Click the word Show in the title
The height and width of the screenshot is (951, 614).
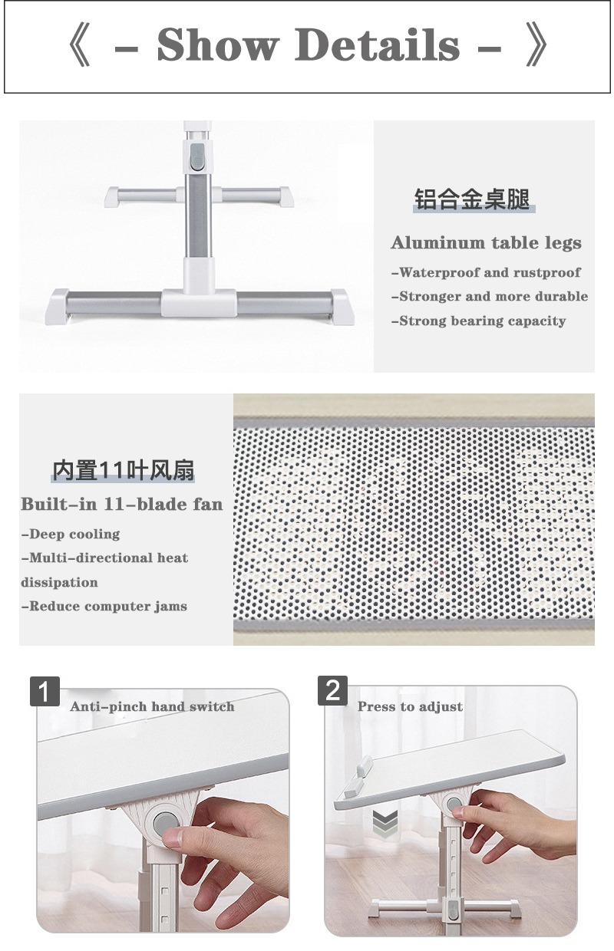(217, 44)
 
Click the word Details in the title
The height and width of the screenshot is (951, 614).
(378, 44)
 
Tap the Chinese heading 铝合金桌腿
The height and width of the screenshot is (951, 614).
(472, 199)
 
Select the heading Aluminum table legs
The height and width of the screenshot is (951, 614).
(486, 243)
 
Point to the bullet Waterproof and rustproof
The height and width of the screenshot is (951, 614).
(486, 272)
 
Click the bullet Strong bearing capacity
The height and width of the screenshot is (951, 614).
(478, 321)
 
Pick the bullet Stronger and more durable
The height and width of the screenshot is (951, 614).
(490, 296)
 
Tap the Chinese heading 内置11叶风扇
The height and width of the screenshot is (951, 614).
(123, 470)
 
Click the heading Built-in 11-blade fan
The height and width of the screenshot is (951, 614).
(122, 505)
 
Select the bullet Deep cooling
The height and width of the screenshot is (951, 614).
(71, 534)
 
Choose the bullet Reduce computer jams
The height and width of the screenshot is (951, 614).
(104, 606)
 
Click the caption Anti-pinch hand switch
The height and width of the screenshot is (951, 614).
(152, 706)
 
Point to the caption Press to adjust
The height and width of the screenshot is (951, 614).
(410, 706)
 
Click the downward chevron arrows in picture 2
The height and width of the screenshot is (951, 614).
(385, 822)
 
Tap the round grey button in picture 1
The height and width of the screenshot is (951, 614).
(164, 824)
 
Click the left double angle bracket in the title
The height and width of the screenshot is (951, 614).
(80, 44)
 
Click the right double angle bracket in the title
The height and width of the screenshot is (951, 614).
(536, 44)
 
